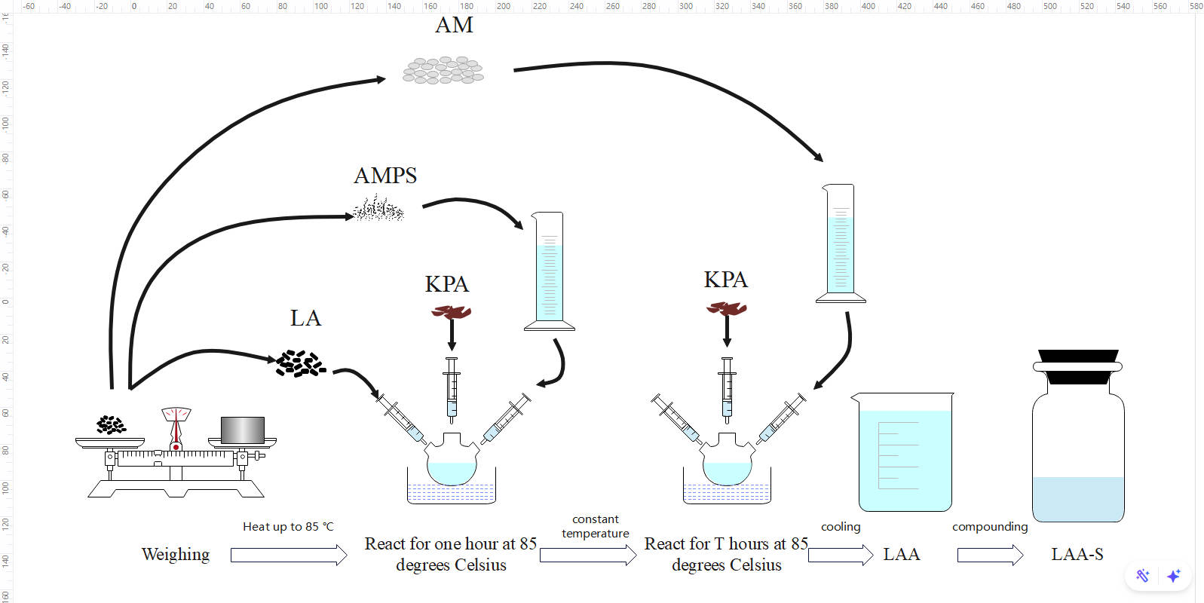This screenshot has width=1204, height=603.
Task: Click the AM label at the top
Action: [454, 25]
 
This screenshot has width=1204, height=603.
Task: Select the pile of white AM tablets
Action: [443, 70]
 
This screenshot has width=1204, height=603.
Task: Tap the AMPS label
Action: [385, 176]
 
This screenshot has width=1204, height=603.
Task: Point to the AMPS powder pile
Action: [379, 209]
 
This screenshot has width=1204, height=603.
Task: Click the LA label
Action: [305, 318]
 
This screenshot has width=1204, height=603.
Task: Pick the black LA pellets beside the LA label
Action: [300, 363]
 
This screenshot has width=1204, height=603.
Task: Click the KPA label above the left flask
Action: [446, 284]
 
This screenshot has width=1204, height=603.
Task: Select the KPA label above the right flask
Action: [725, 280]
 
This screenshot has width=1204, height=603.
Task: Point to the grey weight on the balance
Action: [243, 430]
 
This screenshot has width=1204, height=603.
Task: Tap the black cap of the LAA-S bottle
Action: [1078, 366]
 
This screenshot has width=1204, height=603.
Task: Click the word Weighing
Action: [176, 555]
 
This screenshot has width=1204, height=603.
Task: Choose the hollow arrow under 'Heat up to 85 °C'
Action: [288, 556]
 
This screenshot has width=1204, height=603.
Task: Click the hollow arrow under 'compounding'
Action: [990, 556]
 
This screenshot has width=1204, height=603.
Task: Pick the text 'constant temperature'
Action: [595, 526]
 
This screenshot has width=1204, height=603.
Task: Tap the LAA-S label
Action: [1077, 555]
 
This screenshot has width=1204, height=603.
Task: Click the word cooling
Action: [841, 527]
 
